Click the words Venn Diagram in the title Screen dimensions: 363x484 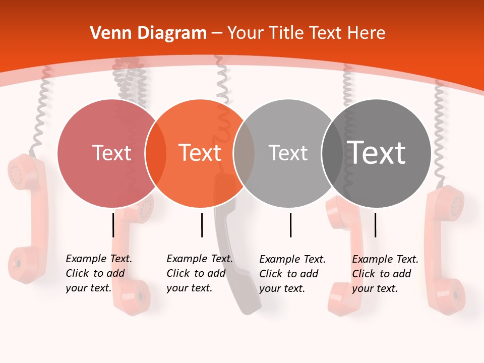(x=148, y=33)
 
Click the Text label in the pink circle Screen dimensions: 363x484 (x=111, y=153)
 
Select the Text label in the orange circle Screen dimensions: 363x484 (x=200, y=153)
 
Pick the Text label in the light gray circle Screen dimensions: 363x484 (x=288, y=153)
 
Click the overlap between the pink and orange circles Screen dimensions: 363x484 (x=156, y=153)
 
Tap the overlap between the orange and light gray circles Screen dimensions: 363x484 (x=244, y=153)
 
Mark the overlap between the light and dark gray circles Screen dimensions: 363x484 (x=332, y=153)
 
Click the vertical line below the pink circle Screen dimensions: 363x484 (x=113, y=225)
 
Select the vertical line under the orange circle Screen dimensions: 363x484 (x=202, y=225)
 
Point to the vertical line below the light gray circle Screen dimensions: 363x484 (x=290, y=225)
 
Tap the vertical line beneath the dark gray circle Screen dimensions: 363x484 (x=375, y=225)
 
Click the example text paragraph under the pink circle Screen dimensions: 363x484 (x=98, y=273)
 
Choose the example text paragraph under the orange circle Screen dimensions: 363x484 (x=199, y=273)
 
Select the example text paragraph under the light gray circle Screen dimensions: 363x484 (x=292, y=274)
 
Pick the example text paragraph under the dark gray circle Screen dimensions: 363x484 (x=385, y=274)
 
